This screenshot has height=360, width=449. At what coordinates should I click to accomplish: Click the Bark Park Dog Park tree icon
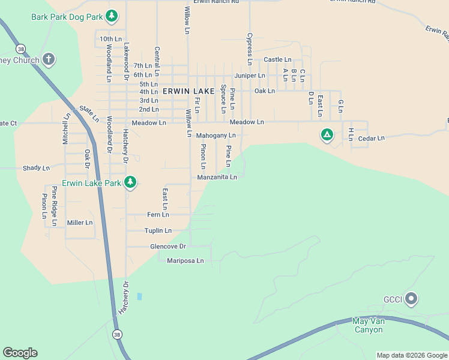[111, 16]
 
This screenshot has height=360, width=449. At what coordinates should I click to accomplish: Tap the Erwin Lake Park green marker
[129, 182]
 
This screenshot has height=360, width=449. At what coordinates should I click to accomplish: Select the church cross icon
[49, 59]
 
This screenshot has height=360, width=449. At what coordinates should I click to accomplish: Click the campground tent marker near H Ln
[327, 135]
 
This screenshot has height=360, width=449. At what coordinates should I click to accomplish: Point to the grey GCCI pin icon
[411, 298]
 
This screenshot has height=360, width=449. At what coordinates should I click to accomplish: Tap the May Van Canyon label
[368, 325]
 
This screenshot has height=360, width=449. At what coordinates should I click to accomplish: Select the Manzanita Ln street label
[217, 177]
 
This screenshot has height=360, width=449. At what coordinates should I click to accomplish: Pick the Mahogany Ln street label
[216, 136]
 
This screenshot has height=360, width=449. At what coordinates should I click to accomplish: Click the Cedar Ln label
[370, 139]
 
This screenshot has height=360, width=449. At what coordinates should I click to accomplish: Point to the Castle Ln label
[277, 60]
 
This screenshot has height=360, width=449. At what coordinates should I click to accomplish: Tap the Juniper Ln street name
[250, 76]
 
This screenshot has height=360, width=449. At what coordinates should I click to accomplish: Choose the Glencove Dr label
[168, 247]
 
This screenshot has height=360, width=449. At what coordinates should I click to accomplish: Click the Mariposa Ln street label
[185, 261]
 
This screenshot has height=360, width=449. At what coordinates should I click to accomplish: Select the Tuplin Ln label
[158, 230]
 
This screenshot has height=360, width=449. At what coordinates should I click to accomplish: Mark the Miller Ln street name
[80, 223]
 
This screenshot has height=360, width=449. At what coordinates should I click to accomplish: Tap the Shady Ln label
[36, 169]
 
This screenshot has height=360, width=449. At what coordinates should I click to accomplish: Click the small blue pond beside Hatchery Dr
[139, 296]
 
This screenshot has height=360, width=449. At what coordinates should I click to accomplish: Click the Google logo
[20, 353]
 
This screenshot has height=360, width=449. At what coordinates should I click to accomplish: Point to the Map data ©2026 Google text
[411, 355]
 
